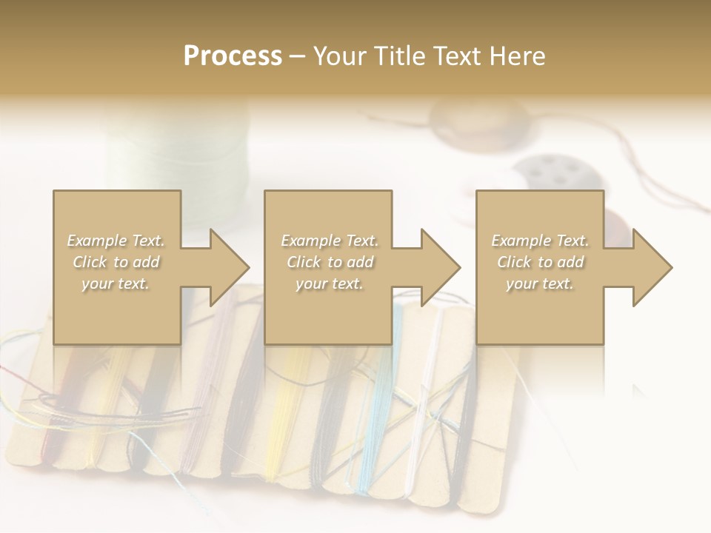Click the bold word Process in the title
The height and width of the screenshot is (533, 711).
[x=233, y=56]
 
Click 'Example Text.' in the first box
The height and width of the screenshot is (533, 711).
[x=116, y=241]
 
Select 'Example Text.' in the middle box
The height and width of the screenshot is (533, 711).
[x=329, y=241]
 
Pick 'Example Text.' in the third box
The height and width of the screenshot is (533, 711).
[x=540, y=241]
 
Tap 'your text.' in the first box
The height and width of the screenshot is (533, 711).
[x=116, y=284]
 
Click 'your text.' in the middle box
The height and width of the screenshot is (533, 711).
[x=329, y=284]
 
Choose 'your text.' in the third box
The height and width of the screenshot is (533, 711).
[x=540, y=284]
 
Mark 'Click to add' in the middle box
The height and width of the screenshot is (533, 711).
[x=329, y=262]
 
